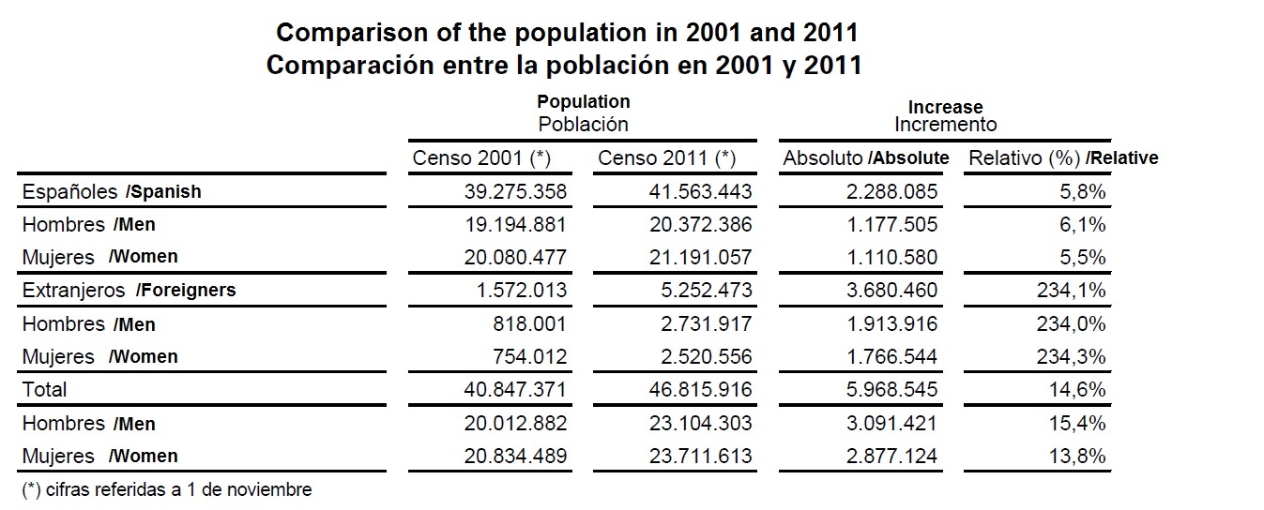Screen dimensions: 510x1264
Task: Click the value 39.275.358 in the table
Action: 516,192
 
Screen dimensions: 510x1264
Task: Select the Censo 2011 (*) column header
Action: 666,158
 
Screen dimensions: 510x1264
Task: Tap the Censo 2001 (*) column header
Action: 481,158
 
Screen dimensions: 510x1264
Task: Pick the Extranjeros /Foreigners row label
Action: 129,291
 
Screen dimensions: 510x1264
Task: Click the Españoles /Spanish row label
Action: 112,192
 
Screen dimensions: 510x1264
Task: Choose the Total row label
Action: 45,389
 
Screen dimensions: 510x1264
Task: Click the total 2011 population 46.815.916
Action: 701,389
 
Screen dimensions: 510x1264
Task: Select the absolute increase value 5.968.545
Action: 892,389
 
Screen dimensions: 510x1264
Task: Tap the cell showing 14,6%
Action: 1081,389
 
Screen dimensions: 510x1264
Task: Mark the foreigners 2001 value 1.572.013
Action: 522,291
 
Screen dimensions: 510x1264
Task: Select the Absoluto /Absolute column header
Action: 865,158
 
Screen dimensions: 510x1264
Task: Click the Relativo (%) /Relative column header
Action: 1062,158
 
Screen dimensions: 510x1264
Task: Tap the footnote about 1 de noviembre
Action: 166,489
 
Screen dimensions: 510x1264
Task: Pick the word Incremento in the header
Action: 945,125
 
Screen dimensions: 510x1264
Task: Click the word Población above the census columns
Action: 583,125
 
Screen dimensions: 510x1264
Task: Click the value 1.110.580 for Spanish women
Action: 892,257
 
